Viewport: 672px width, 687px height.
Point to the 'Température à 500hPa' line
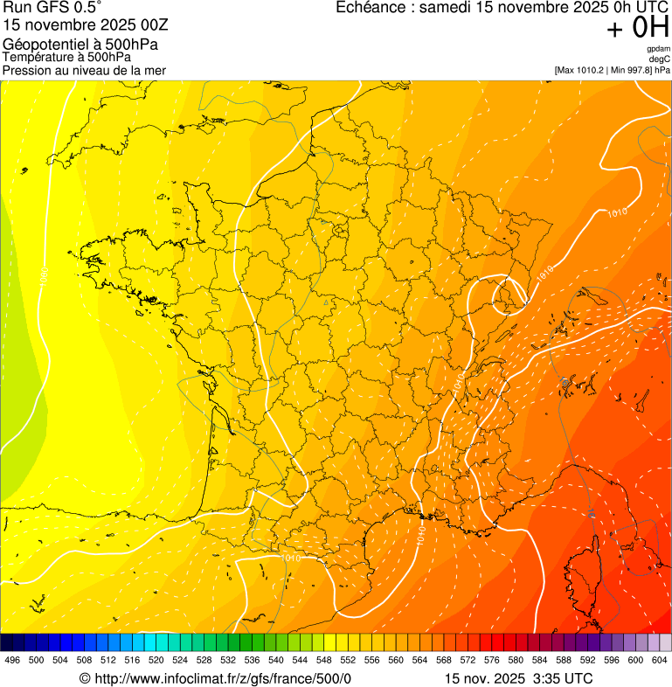click(x=66, y=57)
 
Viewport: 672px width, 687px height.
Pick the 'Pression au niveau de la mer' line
click(x=84, y=70)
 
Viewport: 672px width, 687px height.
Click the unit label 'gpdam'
click(x=658, y=49)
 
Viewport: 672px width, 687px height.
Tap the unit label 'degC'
click(x=660, y=59)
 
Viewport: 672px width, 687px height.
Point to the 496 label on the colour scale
click(x=12, y=660)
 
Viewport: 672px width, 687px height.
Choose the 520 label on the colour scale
click(x=156, y=660)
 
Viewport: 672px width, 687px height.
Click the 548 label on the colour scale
click(x=324, y=660)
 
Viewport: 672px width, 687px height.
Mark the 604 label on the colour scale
click(x=660, y=660)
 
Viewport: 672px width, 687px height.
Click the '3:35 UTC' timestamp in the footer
click(x=561, y=678)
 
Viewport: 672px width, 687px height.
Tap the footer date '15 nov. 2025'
click(x=484, y=678)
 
